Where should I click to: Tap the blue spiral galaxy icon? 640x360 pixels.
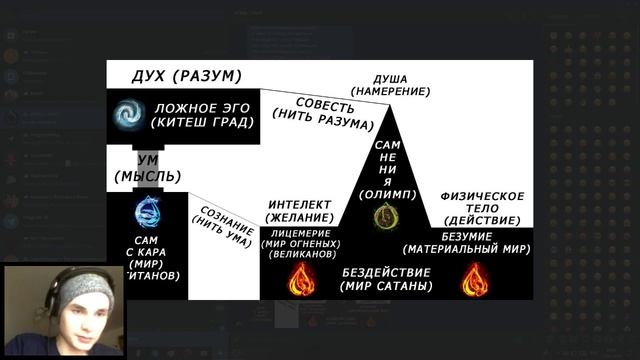(x=128, y=114)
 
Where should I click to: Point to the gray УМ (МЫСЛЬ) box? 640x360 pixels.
(x=147, y=168)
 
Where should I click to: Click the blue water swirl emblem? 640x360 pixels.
(x=146, y=211)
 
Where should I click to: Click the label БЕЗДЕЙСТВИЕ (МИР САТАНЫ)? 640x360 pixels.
(x=386, y=279)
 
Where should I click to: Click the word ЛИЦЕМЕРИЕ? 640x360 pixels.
(x=300, y=233)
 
